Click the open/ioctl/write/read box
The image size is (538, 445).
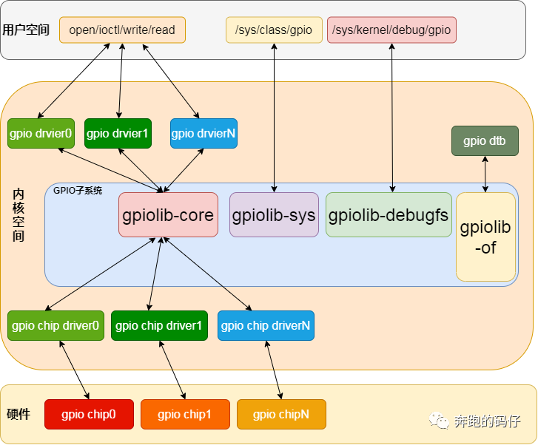pyautogui.click(x=123, y=30)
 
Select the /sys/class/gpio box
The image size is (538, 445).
pyautogui.click(x=274, y=30)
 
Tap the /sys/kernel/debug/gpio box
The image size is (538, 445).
pyautogui.click(x=391, y=30)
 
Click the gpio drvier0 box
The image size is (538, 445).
pyautogui.click(x=41, y=133)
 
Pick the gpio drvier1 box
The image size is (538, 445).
pyautogui.click(x=118, y=133)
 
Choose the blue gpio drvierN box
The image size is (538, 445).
pyautogui.click(x=204, y=133)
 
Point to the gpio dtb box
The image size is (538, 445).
pyautogui.click(x=485, y=140)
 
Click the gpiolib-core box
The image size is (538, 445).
pyautogui.click(x=168, y=214)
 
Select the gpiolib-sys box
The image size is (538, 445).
pyautogui.click(x=274, y=214)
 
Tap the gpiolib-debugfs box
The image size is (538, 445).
pyautogui.click(x=389, y=214)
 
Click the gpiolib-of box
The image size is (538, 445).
pyautogui.click(x=485, y=237)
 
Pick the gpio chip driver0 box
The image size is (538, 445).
pyautogui.click(x=56, y=325)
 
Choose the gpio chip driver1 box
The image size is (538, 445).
pyautogui.click(x=159, y=325)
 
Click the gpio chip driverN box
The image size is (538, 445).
pyautogui.click(x=266, y=325)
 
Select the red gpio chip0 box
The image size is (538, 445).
pyautogui.click(x=89, y=414)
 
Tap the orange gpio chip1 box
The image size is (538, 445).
pyautogui.click(x=185, y=414)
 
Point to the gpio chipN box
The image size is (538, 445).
pyautogui.click(x=281, y=414)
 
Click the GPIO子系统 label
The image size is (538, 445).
pyautogui.click(x=78, y=190)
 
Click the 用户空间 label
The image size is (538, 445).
pyautogui.click(x=26, y=30)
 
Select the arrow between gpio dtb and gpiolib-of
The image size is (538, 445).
pyautogui.click(x=485, y=174)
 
